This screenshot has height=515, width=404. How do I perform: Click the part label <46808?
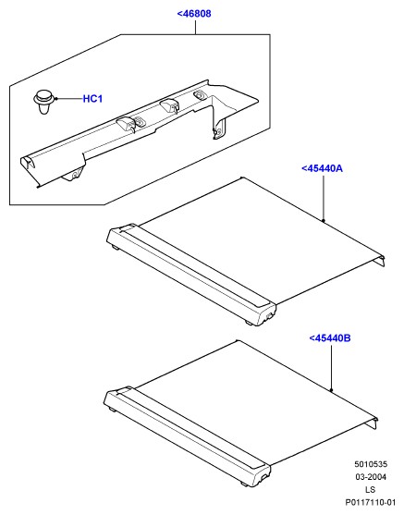click(194, 14)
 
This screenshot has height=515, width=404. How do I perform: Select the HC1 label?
click(92, 99)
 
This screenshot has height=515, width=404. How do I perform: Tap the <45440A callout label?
click(322, 168)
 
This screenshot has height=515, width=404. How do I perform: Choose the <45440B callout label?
click(330, 338)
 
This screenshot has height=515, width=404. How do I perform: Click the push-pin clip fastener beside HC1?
click(43, 101)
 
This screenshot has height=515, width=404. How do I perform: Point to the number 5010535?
click(371, 464)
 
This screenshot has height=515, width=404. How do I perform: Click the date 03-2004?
click(371, 476)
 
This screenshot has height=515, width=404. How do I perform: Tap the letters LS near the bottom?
click(370, 489)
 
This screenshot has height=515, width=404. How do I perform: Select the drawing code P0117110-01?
click(371, 502)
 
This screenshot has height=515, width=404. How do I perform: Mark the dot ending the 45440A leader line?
click(324, 220)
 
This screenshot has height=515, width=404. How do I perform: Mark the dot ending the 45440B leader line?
click(332, 390)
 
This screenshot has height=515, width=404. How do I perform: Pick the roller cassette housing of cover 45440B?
click(188, 436)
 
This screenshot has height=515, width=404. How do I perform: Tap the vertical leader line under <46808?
click(195, 27)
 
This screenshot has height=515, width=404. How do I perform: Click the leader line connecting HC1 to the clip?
click(69, 98)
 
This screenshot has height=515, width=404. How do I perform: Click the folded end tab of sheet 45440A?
click(380, 260)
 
